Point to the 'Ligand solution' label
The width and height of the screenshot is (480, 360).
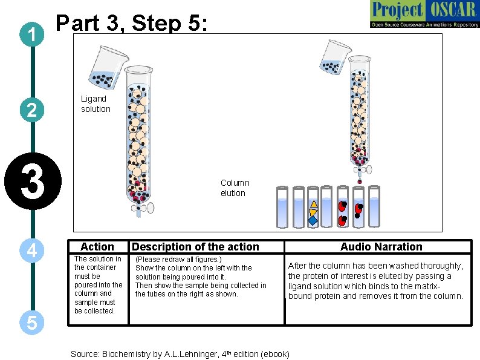(x=96, y=103)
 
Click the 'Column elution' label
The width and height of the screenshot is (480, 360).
(x=234, y=188)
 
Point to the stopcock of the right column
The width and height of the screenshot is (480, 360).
(x=360, y=162)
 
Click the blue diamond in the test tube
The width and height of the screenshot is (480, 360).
(x=313, y=221)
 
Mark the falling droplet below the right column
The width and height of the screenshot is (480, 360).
(x=360, y=182)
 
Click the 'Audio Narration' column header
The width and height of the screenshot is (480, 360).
(x=381, y=246)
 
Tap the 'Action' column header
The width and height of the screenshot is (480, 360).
(x=97, y=246)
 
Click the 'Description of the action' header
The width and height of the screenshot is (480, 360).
(x=195, y=246)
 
